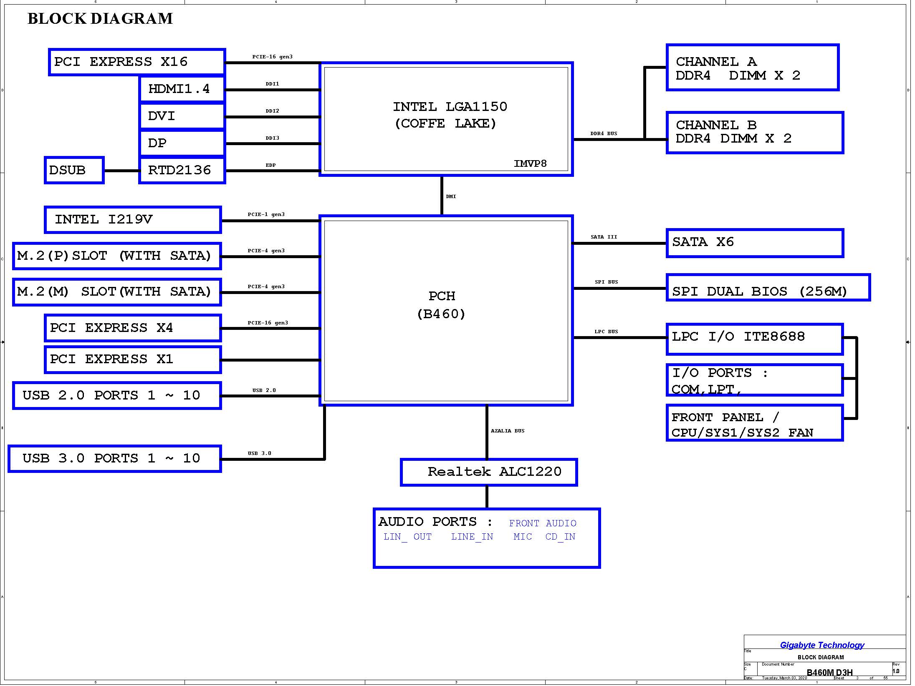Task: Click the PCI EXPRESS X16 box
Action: click(137, 62)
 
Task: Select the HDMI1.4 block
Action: click(182, 89)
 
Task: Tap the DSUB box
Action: click(74, 170)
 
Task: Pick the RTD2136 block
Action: click(182, 170)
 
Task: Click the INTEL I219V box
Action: click(133, 220)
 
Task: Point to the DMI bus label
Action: click(451, 196)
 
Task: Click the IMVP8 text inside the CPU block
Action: click(530, 163)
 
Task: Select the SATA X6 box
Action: click(755, 243)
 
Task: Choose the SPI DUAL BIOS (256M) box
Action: click(768, 287)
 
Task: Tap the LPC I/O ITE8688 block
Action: click(755, 339)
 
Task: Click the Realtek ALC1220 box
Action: click(489, 472)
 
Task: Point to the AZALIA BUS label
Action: click(508, 431)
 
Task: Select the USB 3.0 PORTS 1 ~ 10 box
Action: click(115, 459)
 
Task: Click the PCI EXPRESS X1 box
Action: click(133, 359)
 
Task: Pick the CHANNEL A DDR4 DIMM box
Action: click(753, 67)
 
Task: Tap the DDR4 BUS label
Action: click(604, 134)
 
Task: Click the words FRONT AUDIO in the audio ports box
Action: click(543, 523)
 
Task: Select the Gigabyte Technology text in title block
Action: click(822, 645)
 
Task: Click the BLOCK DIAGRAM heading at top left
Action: click(100, 19)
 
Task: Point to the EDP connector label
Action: click(270, 165)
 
